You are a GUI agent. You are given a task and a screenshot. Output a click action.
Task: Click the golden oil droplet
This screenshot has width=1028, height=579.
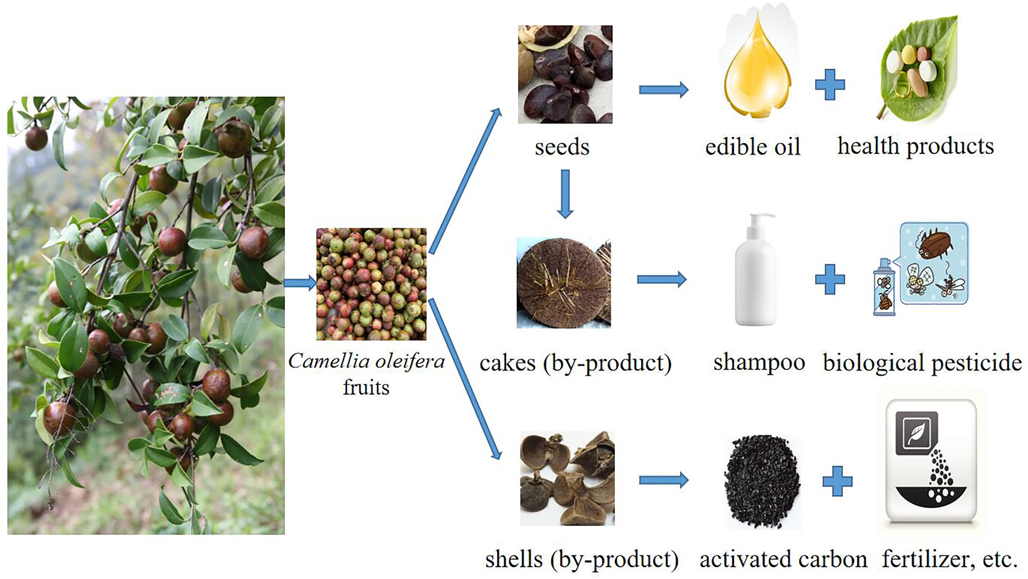coord(757,73)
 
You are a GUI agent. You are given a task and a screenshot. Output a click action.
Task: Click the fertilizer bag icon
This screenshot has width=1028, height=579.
coord(931,461)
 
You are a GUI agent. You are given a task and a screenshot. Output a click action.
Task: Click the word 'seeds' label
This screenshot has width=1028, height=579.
coord(562,147)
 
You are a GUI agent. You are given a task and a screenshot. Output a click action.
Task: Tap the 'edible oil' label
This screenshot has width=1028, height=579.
coord(752,147)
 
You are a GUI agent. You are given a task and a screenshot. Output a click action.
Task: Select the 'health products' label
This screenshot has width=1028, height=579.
coord(915,146)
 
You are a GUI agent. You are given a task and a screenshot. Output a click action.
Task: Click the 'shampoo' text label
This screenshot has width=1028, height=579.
coord(759,362)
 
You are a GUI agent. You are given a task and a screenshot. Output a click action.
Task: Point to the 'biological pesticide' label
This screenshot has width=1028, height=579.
coord(922,363)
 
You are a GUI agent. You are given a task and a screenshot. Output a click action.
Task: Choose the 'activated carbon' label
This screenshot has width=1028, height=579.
coord(783,559)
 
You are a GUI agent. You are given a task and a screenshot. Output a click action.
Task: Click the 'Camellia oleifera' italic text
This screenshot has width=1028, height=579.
coord(366,361)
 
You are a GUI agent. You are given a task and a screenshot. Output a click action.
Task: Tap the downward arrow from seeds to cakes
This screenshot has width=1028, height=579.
coord(565,194)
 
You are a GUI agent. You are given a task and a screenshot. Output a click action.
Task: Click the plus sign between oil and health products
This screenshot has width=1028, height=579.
coord(830,85)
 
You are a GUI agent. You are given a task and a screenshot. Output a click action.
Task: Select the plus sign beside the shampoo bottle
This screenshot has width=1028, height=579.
coord(830,280)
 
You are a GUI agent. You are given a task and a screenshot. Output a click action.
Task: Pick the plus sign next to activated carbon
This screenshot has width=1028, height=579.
coord(837,481)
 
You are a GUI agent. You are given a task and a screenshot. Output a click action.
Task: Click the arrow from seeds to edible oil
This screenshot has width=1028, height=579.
coord(663,90)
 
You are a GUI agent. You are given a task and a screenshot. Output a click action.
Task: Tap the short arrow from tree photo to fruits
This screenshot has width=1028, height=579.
coord(300,283)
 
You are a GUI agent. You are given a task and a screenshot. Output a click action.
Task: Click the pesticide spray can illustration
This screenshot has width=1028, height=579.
coord(884,287)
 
